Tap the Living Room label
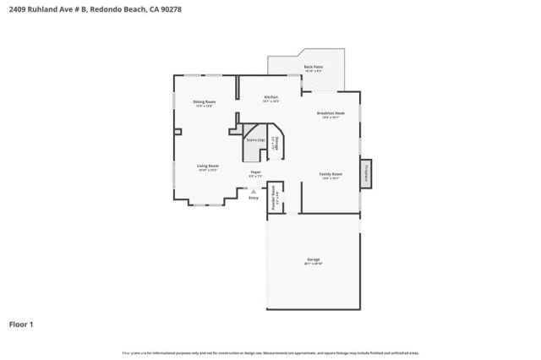pos(208,166)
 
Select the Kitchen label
pos(270,97)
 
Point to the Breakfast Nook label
pos(330,113)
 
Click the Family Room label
pos(330,174)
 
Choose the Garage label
pos(313,259)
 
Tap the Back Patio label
pos(313,66)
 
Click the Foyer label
pos(255,172)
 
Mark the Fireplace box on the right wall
pos(367,172)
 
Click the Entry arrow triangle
pos(254,191)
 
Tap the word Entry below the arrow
pos(254,198)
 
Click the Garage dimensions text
pos(313,265)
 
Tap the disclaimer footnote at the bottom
pos(270,352)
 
